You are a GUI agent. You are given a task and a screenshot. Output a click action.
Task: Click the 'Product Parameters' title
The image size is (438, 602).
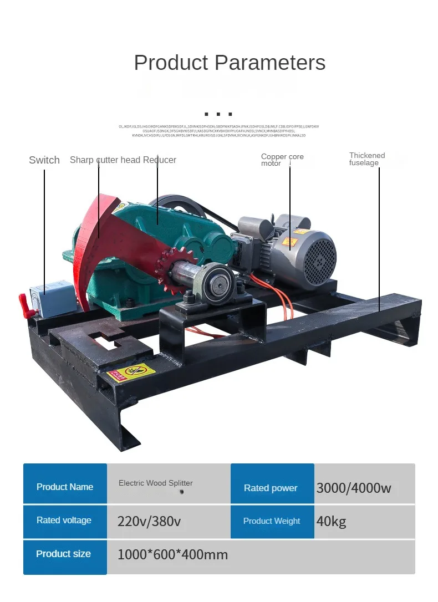pyautogui.click(x=230, y=63)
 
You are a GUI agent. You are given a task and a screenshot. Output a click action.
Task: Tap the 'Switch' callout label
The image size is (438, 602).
pyautogui.click(x=44, y=160)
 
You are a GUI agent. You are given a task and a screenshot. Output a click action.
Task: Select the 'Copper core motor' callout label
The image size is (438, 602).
pyautogui.click(x=282, y=160)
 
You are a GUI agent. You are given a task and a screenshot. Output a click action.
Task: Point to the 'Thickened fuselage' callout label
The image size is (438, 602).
pyautogui.click(x=367, y=159)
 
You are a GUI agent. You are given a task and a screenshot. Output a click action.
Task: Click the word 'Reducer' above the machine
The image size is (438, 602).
pyautogui.click(x=160, y=160)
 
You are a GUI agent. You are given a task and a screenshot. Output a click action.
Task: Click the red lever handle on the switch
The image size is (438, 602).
pyautogui.click(x=25, y=302)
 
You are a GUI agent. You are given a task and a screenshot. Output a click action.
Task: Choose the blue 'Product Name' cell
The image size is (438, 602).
pyautogui.click(x=65, y=487)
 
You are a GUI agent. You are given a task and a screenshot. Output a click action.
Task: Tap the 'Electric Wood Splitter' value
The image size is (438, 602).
pyautogui.click(x=156, y=483)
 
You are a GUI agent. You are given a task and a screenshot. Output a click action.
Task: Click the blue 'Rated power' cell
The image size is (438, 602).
pyautogui.click(x=271, y=488)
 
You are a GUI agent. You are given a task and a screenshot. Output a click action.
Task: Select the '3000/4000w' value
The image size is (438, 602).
pyautogui.click(x=354, y=488)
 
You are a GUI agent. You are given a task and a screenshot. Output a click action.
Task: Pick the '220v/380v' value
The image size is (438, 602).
pyautogui.click(x=149, y=521)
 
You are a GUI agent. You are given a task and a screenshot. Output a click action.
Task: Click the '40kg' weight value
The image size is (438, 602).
pyautogui.click(x=331, y=521)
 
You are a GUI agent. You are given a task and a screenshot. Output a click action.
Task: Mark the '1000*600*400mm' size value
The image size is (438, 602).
pyautogui.click(x=172, y=554)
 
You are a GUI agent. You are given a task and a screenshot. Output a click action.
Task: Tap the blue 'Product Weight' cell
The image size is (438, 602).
pyautogui.click(x=272, y=521)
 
